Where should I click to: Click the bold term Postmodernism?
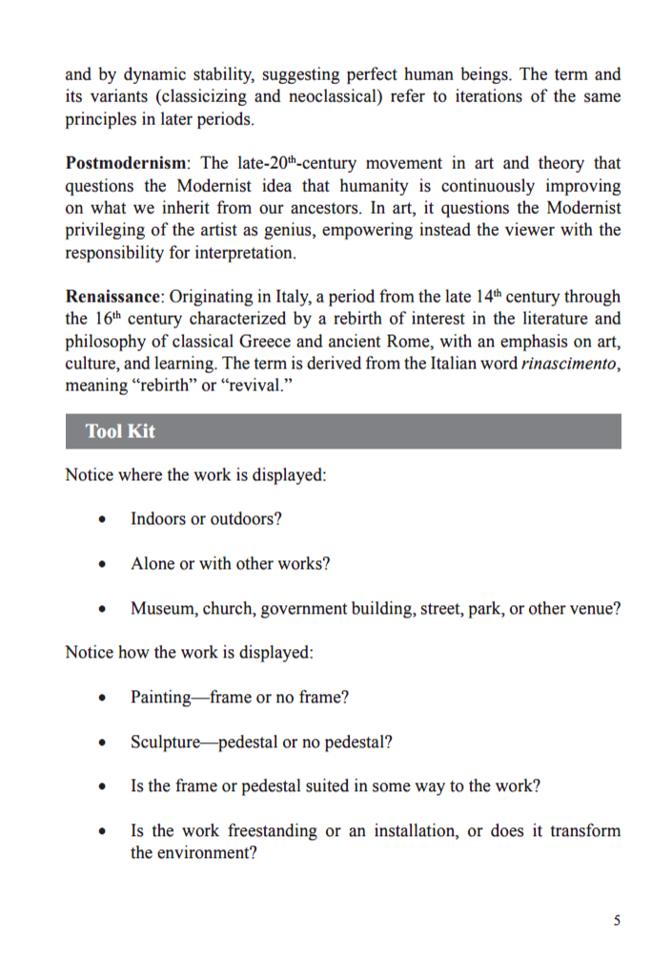coord(125,163)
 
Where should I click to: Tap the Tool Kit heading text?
coord(120,431)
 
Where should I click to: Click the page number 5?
coord(617,920)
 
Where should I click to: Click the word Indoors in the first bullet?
coord(159,519)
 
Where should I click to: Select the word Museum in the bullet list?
coord(161,609)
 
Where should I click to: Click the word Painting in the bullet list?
coord(161,697)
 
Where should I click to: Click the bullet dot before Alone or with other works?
coord(102,565)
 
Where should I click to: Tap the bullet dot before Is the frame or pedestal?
coord(102,787)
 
